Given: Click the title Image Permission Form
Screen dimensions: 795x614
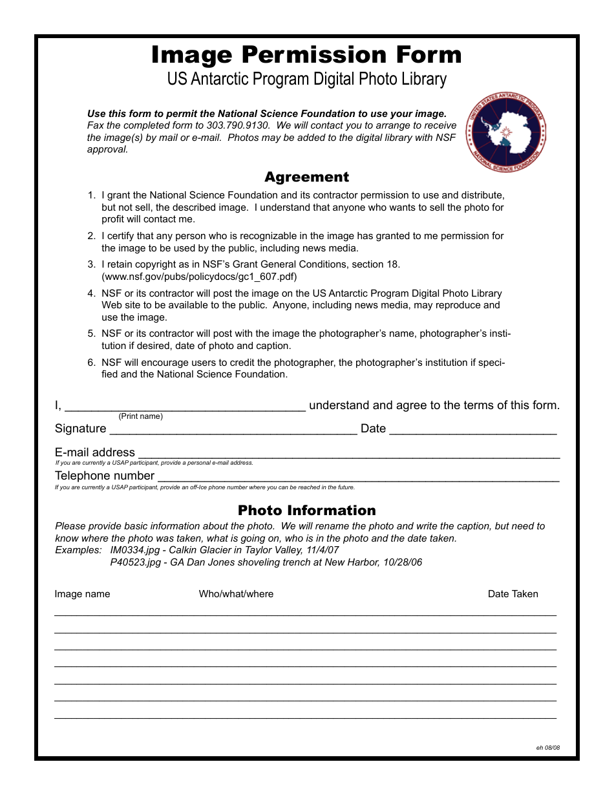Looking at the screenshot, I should (x=306, y=55).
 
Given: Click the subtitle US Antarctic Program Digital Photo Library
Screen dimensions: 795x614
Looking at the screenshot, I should (x=306, y=79).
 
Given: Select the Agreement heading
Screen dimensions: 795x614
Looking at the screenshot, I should (x=306, y=177).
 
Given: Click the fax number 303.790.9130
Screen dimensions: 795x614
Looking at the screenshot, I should (x=238, y=125).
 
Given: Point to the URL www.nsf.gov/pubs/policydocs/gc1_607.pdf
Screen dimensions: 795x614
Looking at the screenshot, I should (x=199, y=276).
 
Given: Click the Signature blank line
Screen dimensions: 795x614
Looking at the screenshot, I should (x=233, y=430).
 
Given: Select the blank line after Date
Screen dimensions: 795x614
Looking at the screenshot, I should (x=472, y=430).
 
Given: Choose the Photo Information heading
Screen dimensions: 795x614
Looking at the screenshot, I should (x=306, y=511).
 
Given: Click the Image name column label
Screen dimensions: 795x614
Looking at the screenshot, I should (x=82, y=594).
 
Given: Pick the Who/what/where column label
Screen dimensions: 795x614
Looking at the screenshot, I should (x=236, y=594).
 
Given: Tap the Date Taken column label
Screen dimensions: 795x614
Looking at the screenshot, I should (x=513, y=594).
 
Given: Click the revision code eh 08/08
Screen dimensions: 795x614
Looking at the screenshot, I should (x=547, y=748).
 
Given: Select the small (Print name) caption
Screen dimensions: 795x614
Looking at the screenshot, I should (x=140, y=416).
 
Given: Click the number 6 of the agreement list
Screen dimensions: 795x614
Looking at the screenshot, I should (x=92, y=363).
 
